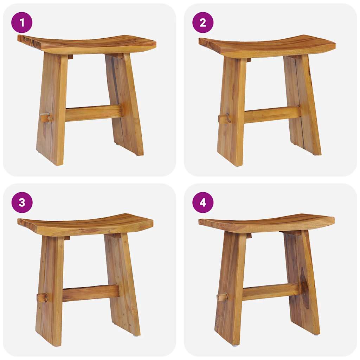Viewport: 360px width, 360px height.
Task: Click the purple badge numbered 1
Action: [x=22, y=22]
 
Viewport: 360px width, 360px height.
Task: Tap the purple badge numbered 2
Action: [x=203, y=22]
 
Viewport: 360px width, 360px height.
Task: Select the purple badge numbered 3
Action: [x=22, y=202]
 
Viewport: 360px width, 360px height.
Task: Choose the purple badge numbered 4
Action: [x=203, y=202]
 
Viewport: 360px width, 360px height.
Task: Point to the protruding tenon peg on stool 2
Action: [x=224, y=118]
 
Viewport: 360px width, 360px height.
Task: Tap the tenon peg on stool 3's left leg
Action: [x=43, y=297]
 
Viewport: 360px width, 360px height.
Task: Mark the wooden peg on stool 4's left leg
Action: [x=223, y=297]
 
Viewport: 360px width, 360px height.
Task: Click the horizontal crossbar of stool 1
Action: [x=93, y=113]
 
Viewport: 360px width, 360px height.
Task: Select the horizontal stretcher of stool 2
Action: [x=272, y=115]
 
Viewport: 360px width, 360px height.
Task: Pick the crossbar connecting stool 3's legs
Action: [x=90, y=293]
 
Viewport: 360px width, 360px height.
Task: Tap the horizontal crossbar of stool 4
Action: [x=271, y=291]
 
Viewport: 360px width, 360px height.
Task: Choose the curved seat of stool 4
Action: [x=267, y=223]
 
